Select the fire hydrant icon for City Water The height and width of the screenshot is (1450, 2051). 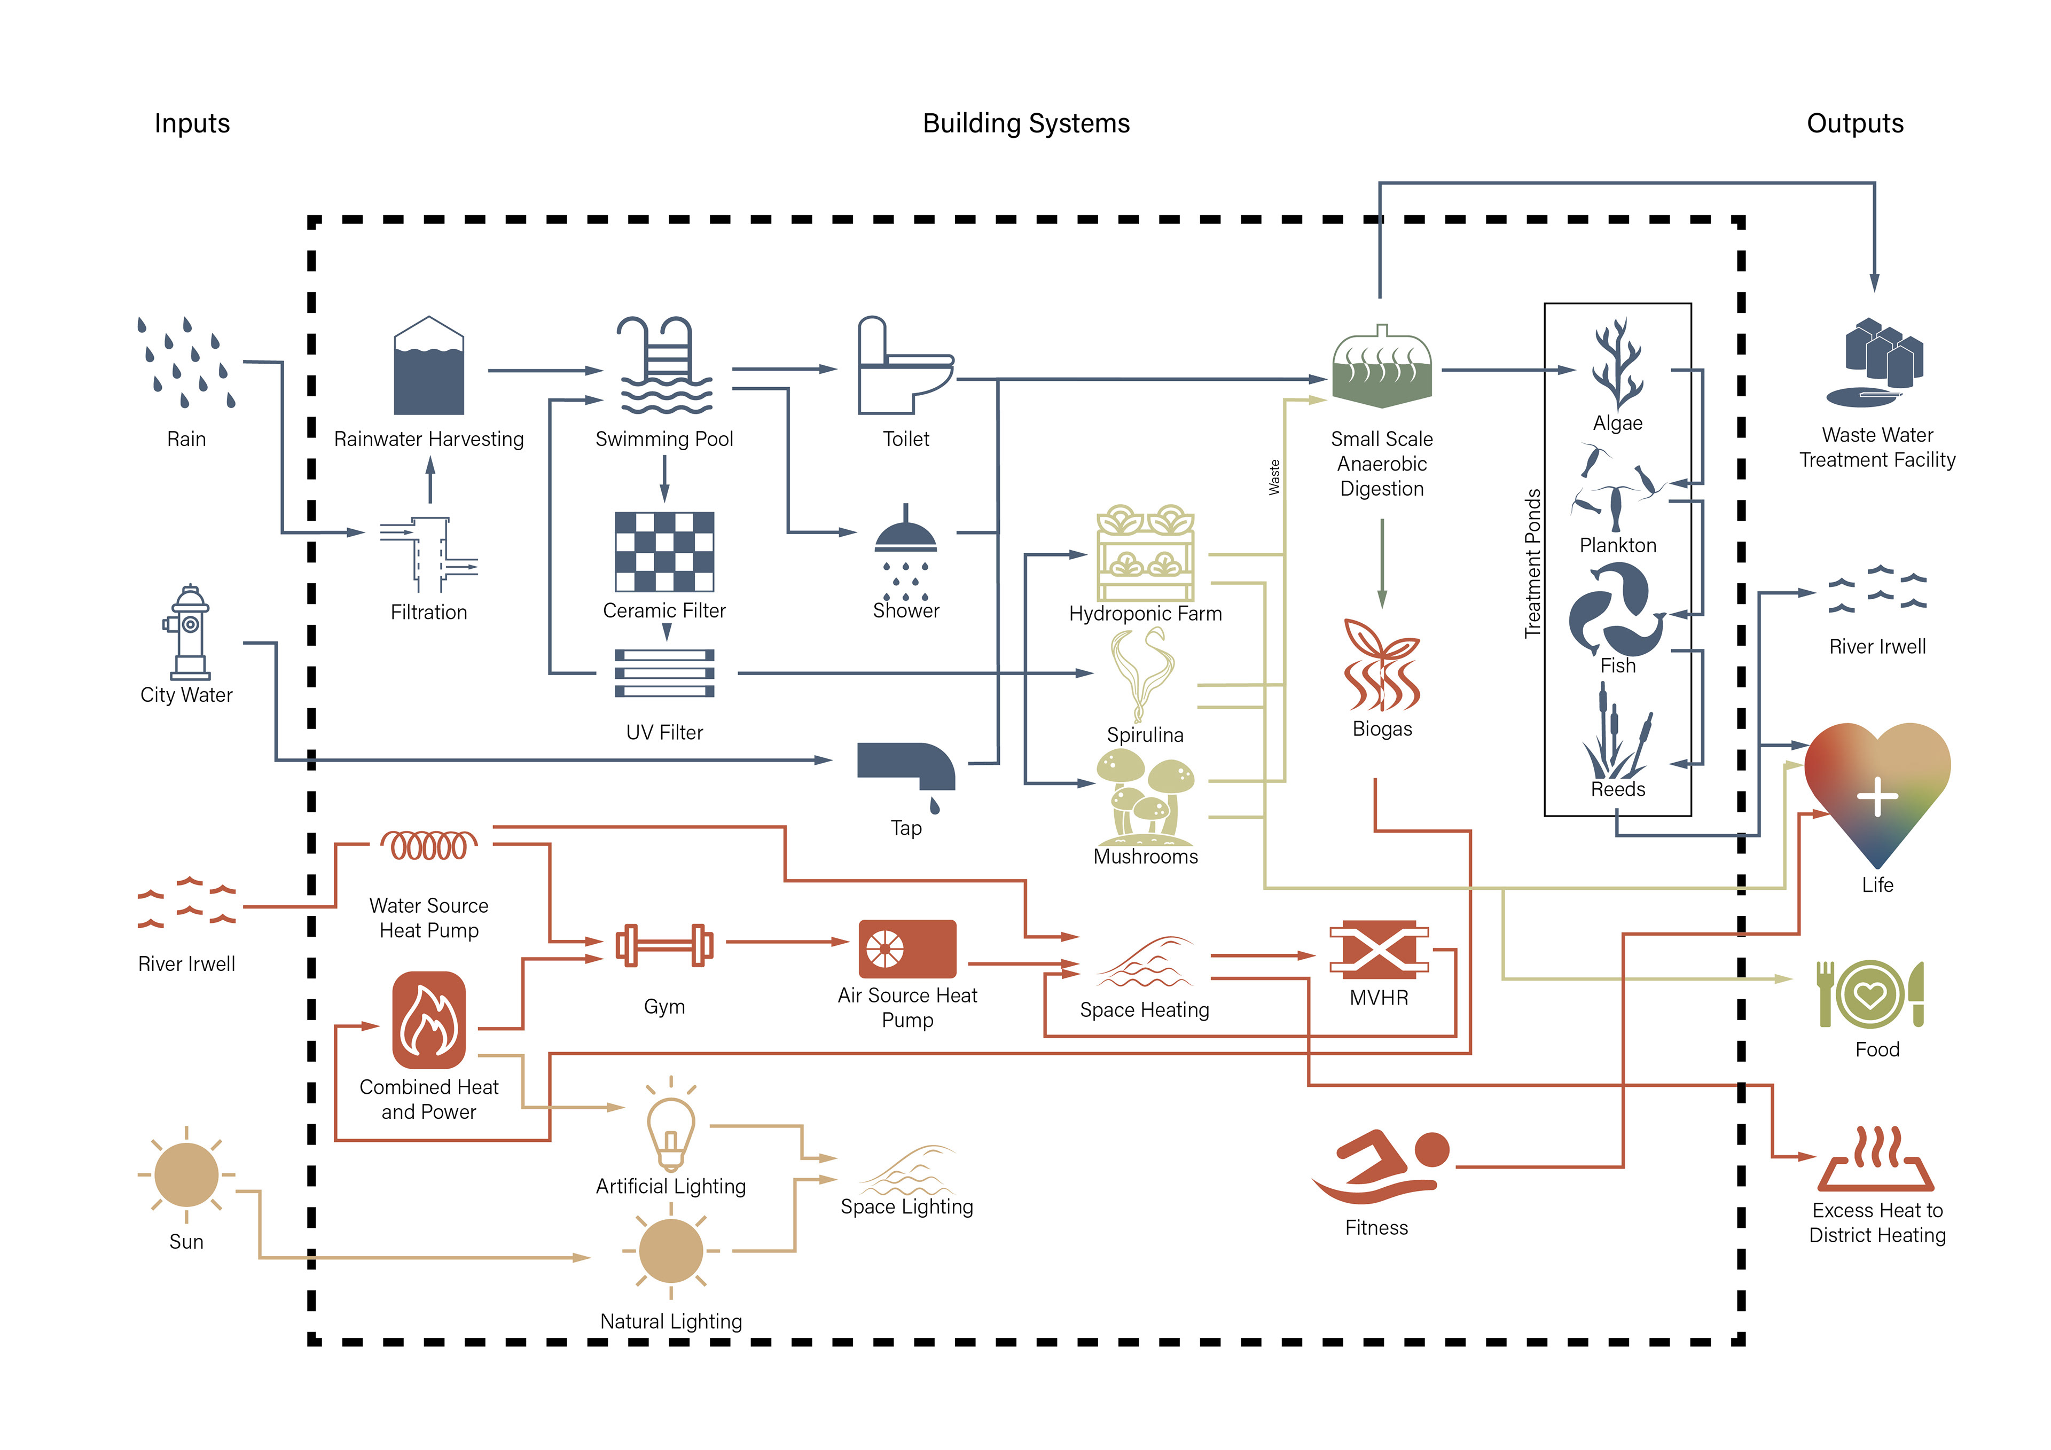click(x=187, y=632)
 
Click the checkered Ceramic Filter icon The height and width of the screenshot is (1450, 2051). click(x=664, y=551)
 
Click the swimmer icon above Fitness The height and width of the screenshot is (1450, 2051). click(x=1380, y=1166)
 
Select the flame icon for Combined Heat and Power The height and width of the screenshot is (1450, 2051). click(x=429, y=1020)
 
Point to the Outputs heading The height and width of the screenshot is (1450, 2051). click(x=1854, y=123)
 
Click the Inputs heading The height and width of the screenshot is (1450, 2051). click(x=192, y=123)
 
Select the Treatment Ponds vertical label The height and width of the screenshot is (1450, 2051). click(x=1533, y=563)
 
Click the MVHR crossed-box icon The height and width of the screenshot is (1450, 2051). click(x=1379, y=950)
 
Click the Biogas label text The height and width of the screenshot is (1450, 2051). click(x=1382, y=729)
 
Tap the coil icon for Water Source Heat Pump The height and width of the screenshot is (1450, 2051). click(x=429, y=845)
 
